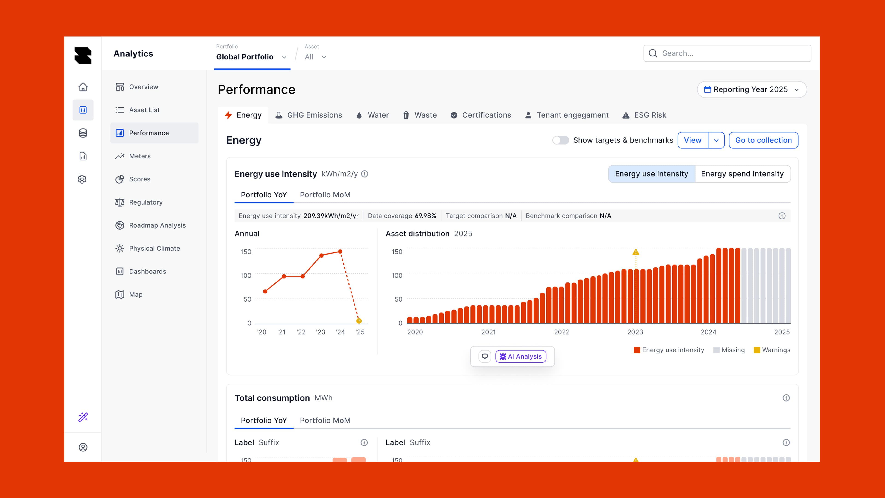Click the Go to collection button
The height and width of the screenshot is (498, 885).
point(763,140)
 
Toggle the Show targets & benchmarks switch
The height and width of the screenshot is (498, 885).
point(560,140)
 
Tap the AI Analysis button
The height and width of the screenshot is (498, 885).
point(520,356)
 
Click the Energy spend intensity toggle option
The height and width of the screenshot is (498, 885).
point(742,174)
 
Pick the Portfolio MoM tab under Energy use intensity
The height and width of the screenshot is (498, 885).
point(325,195)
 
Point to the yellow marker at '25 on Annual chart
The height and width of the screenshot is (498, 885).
point(359,321)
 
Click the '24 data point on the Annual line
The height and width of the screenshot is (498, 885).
point(340,252)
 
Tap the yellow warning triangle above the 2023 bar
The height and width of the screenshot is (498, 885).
point(636,252)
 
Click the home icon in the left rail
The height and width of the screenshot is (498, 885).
point(83,87)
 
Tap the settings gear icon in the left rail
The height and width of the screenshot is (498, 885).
point(82,179)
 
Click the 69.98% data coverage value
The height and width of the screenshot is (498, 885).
point(425,216)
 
